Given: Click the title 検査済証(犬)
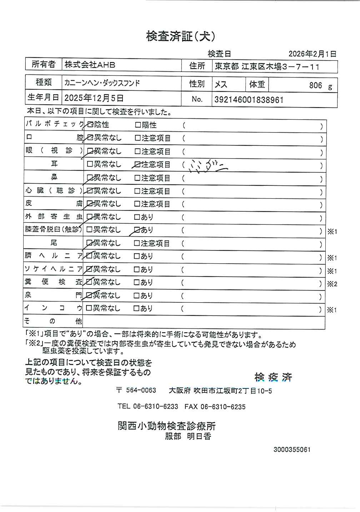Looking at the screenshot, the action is [x=181, y=36].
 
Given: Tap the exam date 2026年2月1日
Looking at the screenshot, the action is [x=312, y=54].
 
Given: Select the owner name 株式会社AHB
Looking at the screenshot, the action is [x=90, y=65].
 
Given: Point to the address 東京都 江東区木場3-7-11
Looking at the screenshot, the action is [x=266, y=67].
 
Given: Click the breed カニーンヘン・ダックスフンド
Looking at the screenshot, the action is [x=102, y=83].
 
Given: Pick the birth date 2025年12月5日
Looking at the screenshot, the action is [x=94, y=98].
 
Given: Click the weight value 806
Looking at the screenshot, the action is [x=315, y=85].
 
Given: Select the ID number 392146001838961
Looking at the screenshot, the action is [x=249, y=100].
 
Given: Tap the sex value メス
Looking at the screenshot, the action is [x=221, y=85].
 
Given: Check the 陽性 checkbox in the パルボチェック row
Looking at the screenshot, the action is [x=138, y=125].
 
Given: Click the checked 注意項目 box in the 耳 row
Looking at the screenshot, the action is [x=137, y=165].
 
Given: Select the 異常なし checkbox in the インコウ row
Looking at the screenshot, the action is [x=89, y=308].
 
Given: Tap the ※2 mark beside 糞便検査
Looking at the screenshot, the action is [x=332, y=284].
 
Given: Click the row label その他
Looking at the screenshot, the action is [x=53, y=321].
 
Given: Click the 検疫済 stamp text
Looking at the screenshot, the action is [x=273, y=377].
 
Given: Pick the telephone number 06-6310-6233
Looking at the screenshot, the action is [x=155, y=407].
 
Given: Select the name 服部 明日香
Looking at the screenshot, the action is [x=188, y=436].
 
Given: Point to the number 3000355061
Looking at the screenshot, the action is [x=292, y=449].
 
